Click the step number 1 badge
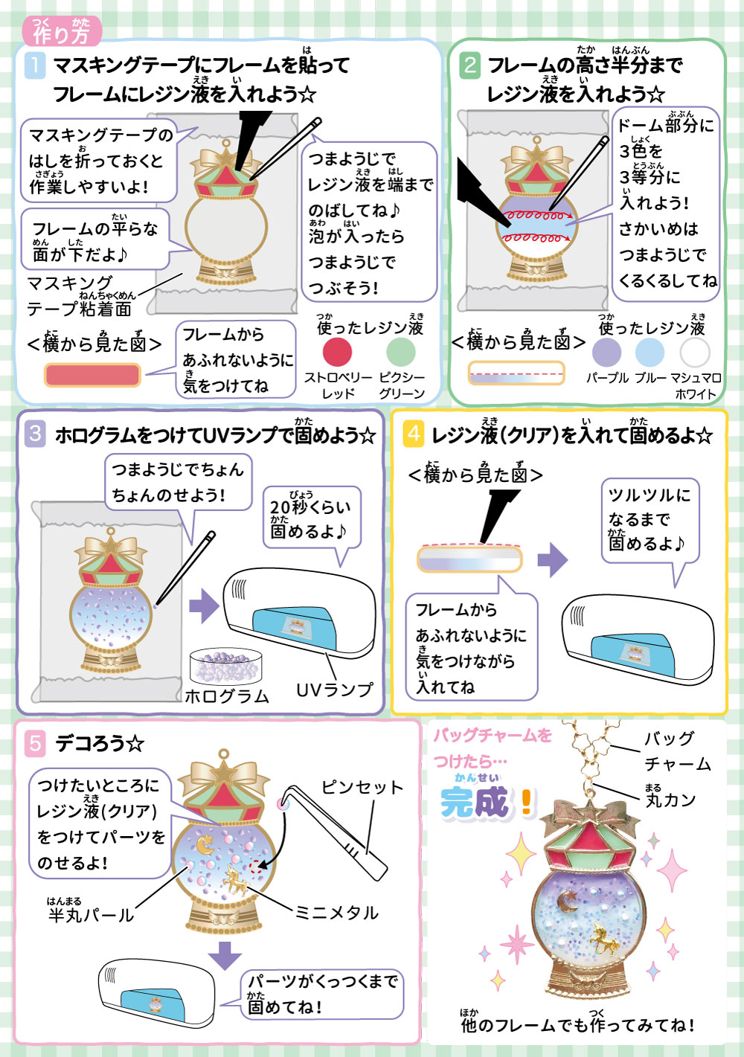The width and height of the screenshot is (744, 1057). [35, 65]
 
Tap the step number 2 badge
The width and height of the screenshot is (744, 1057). [469, 65]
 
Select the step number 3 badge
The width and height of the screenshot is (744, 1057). [35, 434]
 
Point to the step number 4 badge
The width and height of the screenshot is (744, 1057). [414, 434]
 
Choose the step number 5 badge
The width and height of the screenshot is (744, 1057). [35, 743]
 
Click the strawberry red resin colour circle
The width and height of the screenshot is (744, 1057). [337, 352]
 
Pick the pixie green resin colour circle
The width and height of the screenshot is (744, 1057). [401, 352]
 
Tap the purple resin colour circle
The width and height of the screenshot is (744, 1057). [606, 352]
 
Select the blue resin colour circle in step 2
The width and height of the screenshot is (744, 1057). [650, 352]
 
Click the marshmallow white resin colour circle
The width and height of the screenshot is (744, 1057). [694, 352]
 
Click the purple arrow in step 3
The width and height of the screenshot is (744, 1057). [204, 605]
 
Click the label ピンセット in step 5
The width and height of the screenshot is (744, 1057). [362, 788]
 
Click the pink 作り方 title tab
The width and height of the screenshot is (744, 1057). [61, 32]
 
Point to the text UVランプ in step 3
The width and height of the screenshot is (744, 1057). [334, 690]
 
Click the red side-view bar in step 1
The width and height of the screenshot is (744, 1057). [92, 375]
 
